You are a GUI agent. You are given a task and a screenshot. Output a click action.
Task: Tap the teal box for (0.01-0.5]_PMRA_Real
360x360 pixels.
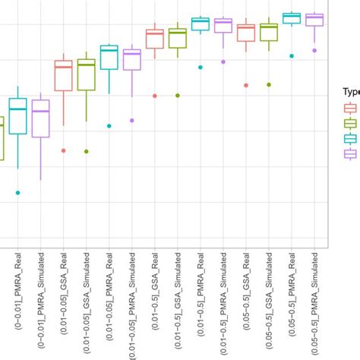click(201, 24)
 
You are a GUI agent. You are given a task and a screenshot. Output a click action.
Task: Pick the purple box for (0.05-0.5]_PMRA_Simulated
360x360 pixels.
click(314, 20)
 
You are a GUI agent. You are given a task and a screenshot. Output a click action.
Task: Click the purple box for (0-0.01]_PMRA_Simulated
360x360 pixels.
click(40, 118)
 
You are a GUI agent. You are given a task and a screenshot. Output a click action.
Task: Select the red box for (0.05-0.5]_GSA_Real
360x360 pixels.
click(246, 33)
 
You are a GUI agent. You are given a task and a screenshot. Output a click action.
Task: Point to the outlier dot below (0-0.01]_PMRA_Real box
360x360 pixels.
click(17, 193)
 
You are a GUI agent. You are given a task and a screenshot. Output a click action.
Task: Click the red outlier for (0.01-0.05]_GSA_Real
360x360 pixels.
click(63, 150)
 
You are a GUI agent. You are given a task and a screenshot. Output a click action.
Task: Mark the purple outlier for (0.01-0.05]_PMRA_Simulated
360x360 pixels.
click(131, 120)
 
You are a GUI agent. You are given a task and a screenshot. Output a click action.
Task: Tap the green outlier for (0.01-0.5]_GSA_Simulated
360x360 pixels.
click(178, 96)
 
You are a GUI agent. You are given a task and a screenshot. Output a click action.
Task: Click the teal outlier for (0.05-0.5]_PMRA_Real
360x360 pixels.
click(292, 55)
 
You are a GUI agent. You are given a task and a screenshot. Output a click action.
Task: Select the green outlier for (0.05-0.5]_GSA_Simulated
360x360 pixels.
click(269, 84)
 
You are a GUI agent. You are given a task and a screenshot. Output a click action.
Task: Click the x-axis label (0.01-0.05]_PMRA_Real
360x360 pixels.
click(111, 304)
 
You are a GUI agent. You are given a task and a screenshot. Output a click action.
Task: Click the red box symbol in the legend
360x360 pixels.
click(351, 108)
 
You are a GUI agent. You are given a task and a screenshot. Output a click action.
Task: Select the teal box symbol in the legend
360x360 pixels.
click(351, 138)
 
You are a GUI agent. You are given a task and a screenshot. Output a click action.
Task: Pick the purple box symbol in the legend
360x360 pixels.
click(351, 153)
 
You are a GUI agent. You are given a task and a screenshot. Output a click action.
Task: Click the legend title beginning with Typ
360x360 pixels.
click(350, 91)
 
